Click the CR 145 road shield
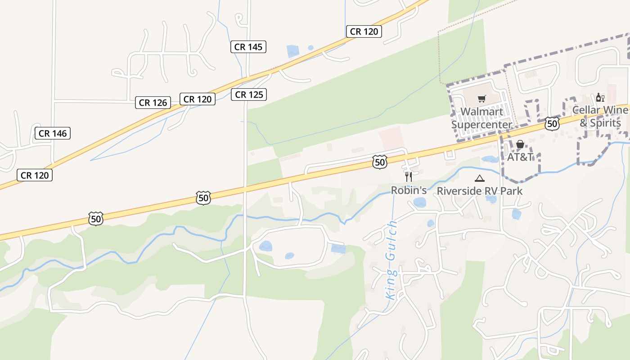[x=248, y=46]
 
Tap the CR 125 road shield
[x=249, y=94]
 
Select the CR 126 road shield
[x=153, y=103]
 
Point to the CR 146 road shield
[x=53, y=133]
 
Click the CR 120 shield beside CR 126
[x=197, y=99]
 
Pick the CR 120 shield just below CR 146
[x=35, y=175]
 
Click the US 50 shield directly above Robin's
[x=380, y=162]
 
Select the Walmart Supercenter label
[x=481, y=118]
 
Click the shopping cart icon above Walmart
[x=482, y=99]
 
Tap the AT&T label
[x=520, y=157]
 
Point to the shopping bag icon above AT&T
[x=520, y=144]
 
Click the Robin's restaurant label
[x=409, y=190]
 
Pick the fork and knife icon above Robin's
[x=409, y=176]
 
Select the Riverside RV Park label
[x=480, y=191]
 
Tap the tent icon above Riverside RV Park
[x=480, y=179]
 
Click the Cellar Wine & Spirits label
[x=600, y=117]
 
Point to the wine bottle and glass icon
[x=600, y=97]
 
